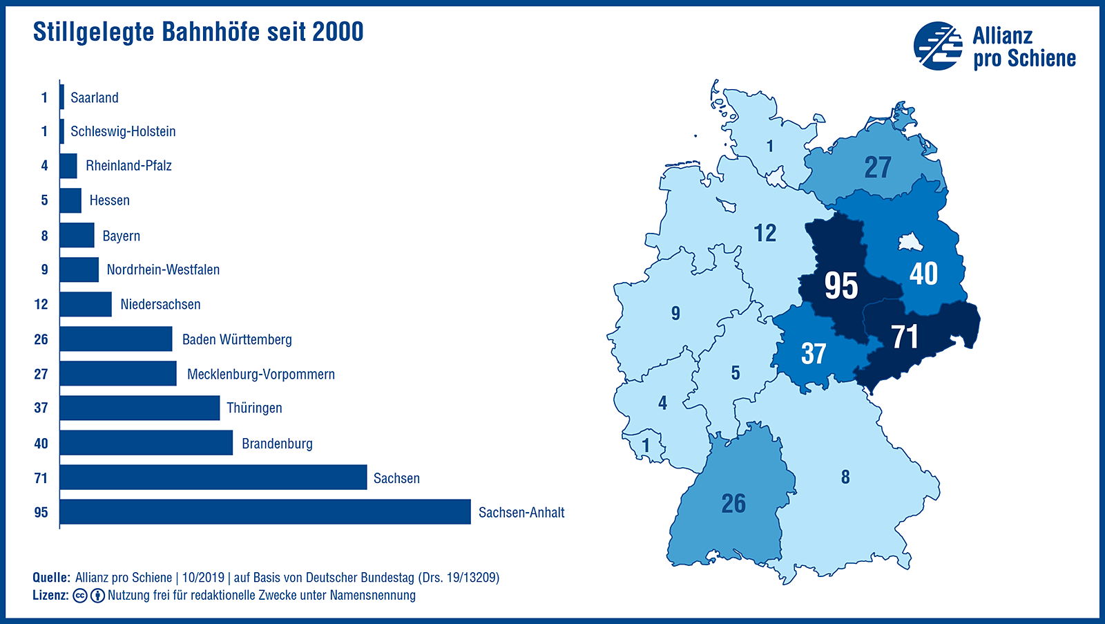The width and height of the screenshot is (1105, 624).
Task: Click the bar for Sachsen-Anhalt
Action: pyautogui.click(x=265, y=512)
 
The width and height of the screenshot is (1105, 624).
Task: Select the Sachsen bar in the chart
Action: pyautogui.click(x=213, y=478)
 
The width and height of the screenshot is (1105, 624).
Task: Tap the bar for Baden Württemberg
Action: pyautogui.click(x=115, y=339)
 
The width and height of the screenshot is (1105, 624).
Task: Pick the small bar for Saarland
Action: pyautogui.click(x=62, y=97)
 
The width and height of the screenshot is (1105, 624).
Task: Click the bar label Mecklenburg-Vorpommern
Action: pyautogui.click(x=260, y=375)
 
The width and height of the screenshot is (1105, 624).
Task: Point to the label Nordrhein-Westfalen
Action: pyautogui.click(x=163, y=270)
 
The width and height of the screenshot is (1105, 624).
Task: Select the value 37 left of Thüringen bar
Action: pyautogui.click(x=41, y=408)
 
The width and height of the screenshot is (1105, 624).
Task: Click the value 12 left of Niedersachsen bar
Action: pyautogui.click(x=41, y=305)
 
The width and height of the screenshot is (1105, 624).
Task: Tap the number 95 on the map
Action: pyautogui.click(x=841, y=286)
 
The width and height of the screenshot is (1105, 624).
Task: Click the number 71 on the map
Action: pyautogui.click(x=905, y=338)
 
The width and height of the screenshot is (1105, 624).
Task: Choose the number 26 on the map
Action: pyautogui.click(x=733, y=504)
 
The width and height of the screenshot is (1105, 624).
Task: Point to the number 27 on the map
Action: pyautogui.click(x=878, y=168)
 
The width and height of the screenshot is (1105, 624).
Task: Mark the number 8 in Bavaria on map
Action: pyautogui.click(x=845, y=478)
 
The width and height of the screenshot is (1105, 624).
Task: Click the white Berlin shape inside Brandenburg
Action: pyautogui.click(x=909, y=243)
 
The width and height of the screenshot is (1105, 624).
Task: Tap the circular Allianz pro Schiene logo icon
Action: pyautogui.click(x=938, y=46)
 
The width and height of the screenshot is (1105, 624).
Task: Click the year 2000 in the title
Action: pyautogui.click(x=338, y=32)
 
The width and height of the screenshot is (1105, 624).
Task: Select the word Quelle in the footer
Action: pyautogui.click(x=51, y=578)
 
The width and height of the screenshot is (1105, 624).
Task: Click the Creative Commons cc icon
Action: pyautogui.click(x=80, y=596)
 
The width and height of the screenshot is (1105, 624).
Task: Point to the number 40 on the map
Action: pyautogui.click(x=923, y=274)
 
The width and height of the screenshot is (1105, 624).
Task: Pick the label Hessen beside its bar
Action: pyautogui.click(x=109, y=201)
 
